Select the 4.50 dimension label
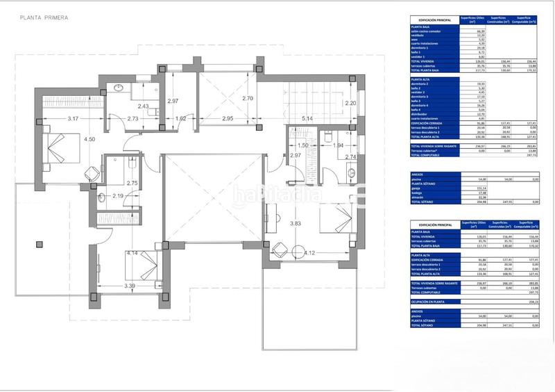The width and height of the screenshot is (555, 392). [x=89, y=140]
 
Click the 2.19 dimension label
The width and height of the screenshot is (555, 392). [x=117, y=197]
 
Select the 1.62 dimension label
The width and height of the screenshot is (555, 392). [x=180, y=119]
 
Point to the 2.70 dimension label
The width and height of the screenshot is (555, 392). [x=248, y=99]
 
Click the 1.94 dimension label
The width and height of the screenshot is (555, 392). [x=337, y=145]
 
